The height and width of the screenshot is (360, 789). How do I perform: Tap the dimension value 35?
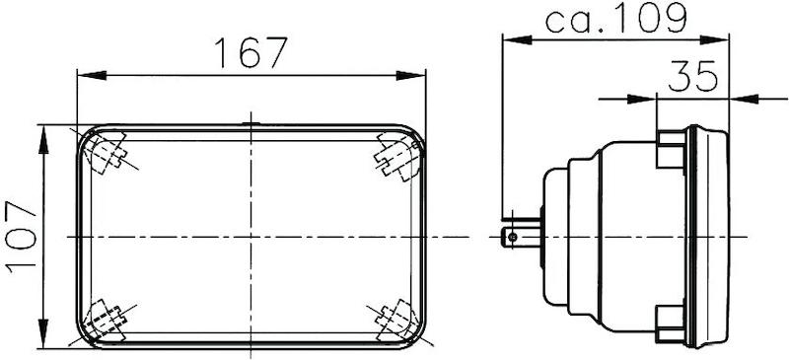[692, 77]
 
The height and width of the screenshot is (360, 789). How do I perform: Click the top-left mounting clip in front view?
[107, 153]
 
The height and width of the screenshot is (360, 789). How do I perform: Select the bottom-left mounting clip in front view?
[105, 319]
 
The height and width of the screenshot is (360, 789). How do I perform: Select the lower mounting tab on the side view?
[671, 321]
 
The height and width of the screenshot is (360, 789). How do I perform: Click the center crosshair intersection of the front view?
[251, 237]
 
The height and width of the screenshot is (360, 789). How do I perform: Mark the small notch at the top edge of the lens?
[251, 123]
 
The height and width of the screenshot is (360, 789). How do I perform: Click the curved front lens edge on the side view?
[727, 237]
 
